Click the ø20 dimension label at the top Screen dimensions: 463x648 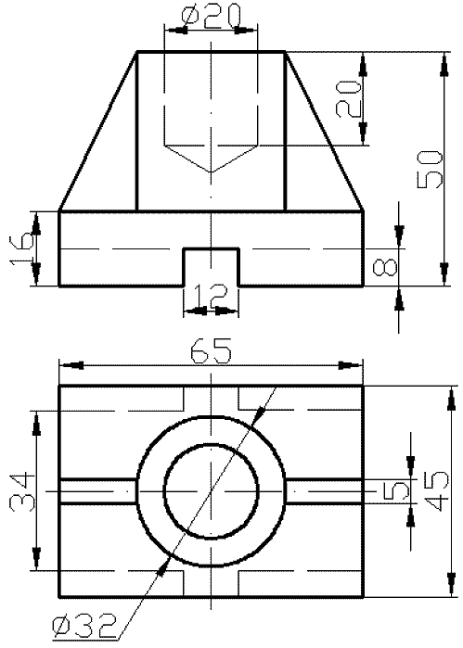tap(211, 16)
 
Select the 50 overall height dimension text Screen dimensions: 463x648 tap(429, 170)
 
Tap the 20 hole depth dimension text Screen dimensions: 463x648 tap(348, 99)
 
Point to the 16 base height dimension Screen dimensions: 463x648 tap(20, 248)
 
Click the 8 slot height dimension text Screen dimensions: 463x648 tap(385, 267)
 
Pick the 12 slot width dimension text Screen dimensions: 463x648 tap(211, 296)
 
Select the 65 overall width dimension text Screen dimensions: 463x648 tap(211, 350)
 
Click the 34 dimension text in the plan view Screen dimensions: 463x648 tap(21, 491)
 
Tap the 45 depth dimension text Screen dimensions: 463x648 tap(436, 491)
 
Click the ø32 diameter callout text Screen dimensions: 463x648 tap(84, 627)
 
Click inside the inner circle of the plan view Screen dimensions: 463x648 tap(212, 491)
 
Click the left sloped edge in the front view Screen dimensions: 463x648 tap(97, 132)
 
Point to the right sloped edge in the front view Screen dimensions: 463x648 tap(325, 132)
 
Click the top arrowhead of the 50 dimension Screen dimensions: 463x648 tap(445, 64)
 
